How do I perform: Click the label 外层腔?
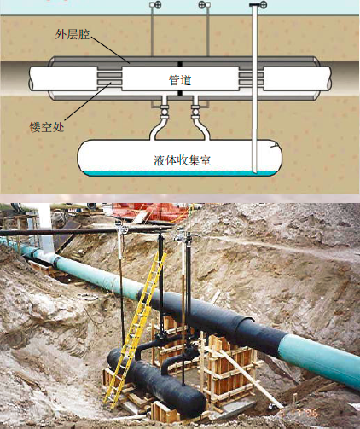click(73, 34)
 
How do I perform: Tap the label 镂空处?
click(47, 127)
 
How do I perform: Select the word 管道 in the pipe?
click(180, 80)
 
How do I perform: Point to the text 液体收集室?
click(182, 160)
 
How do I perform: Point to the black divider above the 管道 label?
click(180, 64)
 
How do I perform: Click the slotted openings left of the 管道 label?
click(110, 78)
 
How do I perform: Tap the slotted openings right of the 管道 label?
click(251, 78)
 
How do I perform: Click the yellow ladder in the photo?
click(134, 327)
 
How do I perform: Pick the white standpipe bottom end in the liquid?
click(255, 171)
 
